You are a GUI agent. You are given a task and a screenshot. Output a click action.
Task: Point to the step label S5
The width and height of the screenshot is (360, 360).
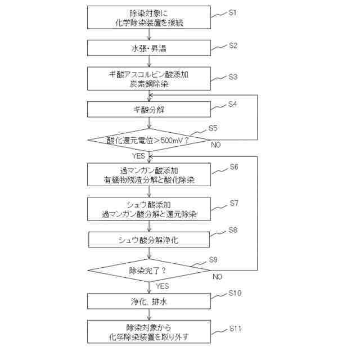(x=213, y=128)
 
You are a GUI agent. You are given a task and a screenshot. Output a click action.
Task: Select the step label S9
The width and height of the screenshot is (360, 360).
(x=213, y=259)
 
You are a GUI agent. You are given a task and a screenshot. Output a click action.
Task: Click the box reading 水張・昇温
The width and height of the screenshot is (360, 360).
(x=149, y=48)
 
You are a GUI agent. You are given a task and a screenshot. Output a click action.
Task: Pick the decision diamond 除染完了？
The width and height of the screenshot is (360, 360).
(x=149, y=271)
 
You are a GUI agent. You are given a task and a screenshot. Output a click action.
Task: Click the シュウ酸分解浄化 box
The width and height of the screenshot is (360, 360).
(x=149, y=240)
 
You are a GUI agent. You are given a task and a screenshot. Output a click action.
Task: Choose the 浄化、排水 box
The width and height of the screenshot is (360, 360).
(x=149, y=301)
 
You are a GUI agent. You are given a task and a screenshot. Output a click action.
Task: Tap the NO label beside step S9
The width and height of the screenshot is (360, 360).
(x=217, y=277)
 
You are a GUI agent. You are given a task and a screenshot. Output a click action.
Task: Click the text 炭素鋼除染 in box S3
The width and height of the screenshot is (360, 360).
(x=149, y=83)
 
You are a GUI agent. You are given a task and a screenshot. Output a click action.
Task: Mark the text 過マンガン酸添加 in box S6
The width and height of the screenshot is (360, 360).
(x=149, y=170)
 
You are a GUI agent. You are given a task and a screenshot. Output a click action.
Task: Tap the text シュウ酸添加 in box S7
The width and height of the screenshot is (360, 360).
(x=149, y=204)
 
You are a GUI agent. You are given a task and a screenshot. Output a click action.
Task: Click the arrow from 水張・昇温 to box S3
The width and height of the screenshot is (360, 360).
(x=149, y=62)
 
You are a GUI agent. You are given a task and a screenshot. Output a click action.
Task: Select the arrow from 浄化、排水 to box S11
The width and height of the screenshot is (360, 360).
(x=149, y=315)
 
